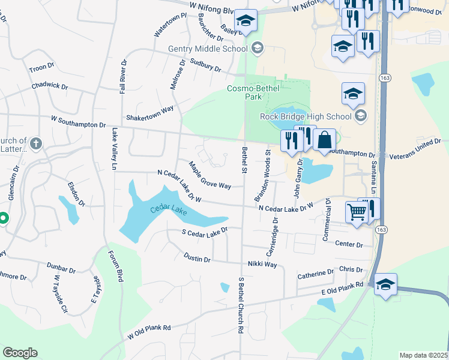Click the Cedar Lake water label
pyautogui.click(x=169, y=211)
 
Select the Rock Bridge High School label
pyautogui.click(x=305, y=116)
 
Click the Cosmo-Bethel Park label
pyautogui.click(x=247, y=93)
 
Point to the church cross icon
pyautogui.click(x=35, y=143)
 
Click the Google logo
pyautogui.click(x=20, y=352)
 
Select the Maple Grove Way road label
pyautogui.click(x=210, y=175)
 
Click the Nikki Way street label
pyautogui.click(x=262, y=264)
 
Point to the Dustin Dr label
pyautogui.click(x=197, y=259)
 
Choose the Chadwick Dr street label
pyautogui.click(x=50, y=86)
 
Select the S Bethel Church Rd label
pyautogui.click(x=241, y=305)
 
